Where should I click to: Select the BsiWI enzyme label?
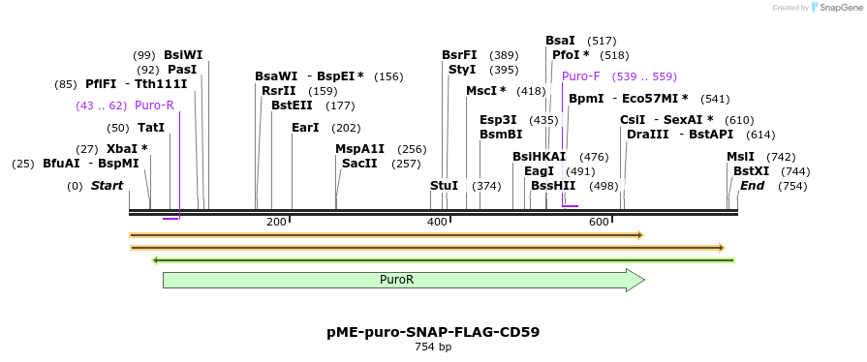pos(183,55)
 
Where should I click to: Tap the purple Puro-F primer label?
pos(581,76)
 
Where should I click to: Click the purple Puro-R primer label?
pos(154,106)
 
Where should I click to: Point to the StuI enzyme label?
pos(444,186)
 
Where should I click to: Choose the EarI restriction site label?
pos(305,128)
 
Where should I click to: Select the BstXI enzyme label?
pos(751,170)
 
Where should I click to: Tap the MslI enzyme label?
pos(741,157)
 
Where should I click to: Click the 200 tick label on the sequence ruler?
pos(276,223)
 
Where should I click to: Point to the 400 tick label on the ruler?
pos(438,223)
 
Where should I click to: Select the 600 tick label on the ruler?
pos(599,223)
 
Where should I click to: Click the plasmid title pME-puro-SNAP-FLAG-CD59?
pos(433,332)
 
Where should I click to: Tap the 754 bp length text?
pos(433,347)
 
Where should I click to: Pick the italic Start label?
pos(107,186)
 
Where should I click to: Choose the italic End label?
pos(753,186)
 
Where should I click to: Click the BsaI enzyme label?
pos(560,41)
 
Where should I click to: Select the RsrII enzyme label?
pos(278,91)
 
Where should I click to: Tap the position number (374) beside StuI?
pos(486,186)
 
